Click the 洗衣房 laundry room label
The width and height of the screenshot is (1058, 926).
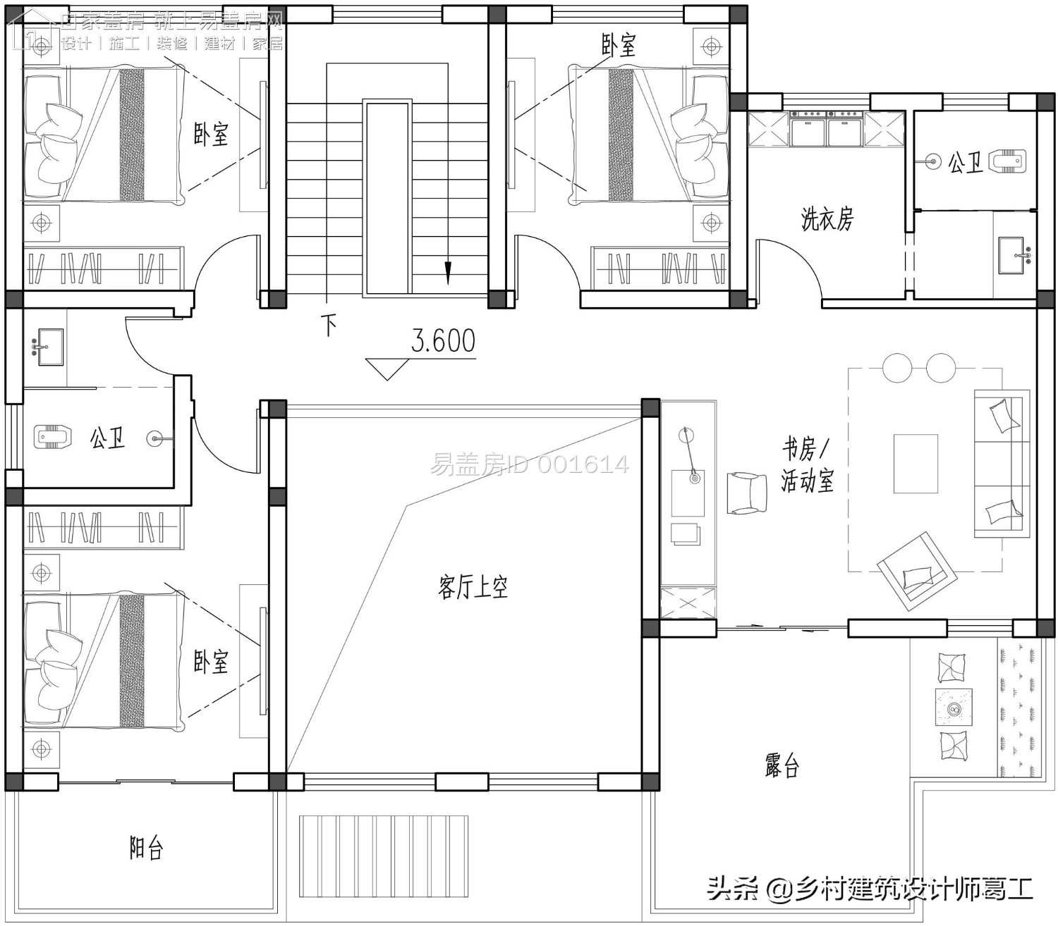click(827, 219)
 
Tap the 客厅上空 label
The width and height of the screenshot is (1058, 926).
click(473, 586)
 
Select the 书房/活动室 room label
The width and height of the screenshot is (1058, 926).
click(807, 464)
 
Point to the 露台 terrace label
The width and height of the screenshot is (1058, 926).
click(782, 765)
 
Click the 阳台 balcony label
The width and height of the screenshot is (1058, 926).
click(146, 848)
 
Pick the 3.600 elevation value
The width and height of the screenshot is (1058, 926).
click(443, 341)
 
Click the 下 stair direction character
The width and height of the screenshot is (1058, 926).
click(329, 325)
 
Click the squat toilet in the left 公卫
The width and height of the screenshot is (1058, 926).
click(53, 437)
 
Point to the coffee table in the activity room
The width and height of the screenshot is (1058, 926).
click(916, 464)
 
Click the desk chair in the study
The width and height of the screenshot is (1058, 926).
click(747, 492)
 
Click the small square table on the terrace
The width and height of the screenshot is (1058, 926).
click(954, 708)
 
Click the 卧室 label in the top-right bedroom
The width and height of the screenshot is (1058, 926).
click(618, 45)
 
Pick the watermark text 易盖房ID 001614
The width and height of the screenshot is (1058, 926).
click(529, 464)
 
